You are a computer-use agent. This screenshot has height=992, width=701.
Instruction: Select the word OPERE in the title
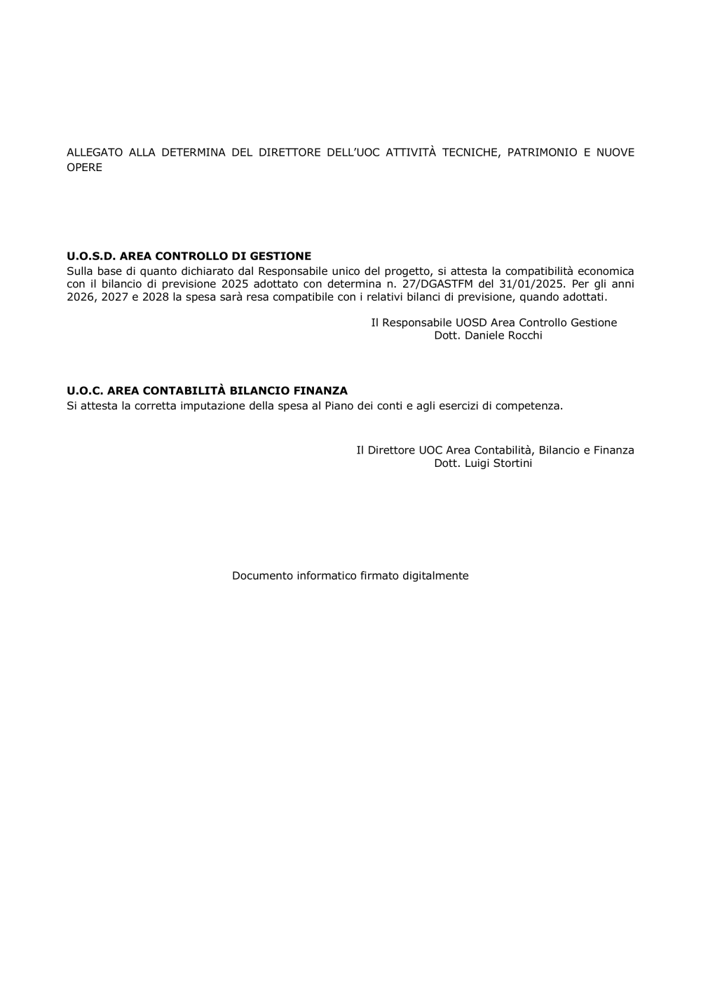[x=84, y=168]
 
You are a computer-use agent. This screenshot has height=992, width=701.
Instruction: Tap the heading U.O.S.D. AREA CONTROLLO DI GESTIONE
[x=189, y=257]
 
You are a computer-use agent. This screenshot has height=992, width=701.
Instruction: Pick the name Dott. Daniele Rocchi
[x=488, y=336]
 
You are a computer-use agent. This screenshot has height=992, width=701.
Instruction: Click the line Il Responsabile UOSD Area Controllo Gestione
[x=494, y=322]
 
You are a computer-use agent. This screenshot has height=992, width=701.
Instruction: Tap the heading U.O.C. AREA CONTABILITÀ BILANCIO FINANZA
[x=207, y=391]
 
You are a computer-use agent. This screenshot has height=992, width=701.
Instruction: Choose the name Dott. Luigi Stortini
[x=483, y=463]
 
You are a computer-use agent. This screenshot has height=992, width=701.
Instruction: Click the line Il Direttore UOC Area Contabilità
[x=495, y=450]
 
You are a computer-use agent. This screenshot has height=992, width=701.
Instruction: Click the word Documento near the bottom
[x=262, y=576]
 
